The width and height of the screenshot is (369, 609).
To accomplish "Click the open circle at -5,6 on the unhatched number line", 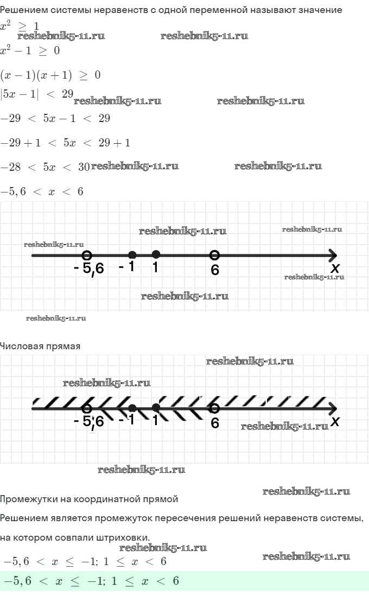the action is [87, 255].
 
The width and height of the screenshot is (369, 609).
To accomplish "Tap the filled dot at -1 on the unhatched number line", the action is [132, 255].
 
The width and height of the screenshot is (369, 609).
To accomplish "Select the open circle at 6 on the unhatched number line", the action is [214, 255].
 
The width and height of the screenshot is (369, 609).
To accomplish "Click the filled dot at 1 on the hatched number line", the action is [156, 407].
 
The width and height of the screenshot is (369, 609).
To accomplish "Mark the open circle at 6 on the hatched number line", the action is [214, 408].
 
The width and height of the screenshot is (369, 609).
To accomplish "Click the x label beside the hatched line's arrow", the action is [335, 421].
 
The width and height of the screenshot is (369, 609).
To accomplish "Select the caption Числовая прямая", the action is [40, 346].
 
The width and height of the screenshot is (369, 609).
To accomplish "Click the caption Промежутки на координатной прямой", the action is [89, 499].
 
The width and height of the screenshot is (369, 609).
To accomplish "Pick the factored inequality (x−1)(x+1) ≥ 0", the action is [50, 75].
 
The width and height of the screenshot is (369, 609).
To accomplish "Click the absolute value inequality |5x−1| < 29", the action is [37, 94].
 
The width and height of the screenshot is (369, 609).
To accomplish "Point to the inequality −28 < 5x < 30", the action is [45, 167].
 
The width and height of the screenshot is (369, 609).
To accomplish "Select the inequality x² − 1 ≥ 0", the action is [30, 50].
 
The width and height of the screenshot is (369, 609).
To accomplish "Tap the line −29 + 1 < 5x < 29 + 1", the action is [65, 143].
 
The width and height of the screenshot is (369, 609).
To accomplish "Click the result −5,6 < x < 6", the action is [42, 191].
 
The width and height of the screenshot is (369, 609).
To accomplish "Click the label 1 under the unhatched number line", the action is [155, 267].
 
